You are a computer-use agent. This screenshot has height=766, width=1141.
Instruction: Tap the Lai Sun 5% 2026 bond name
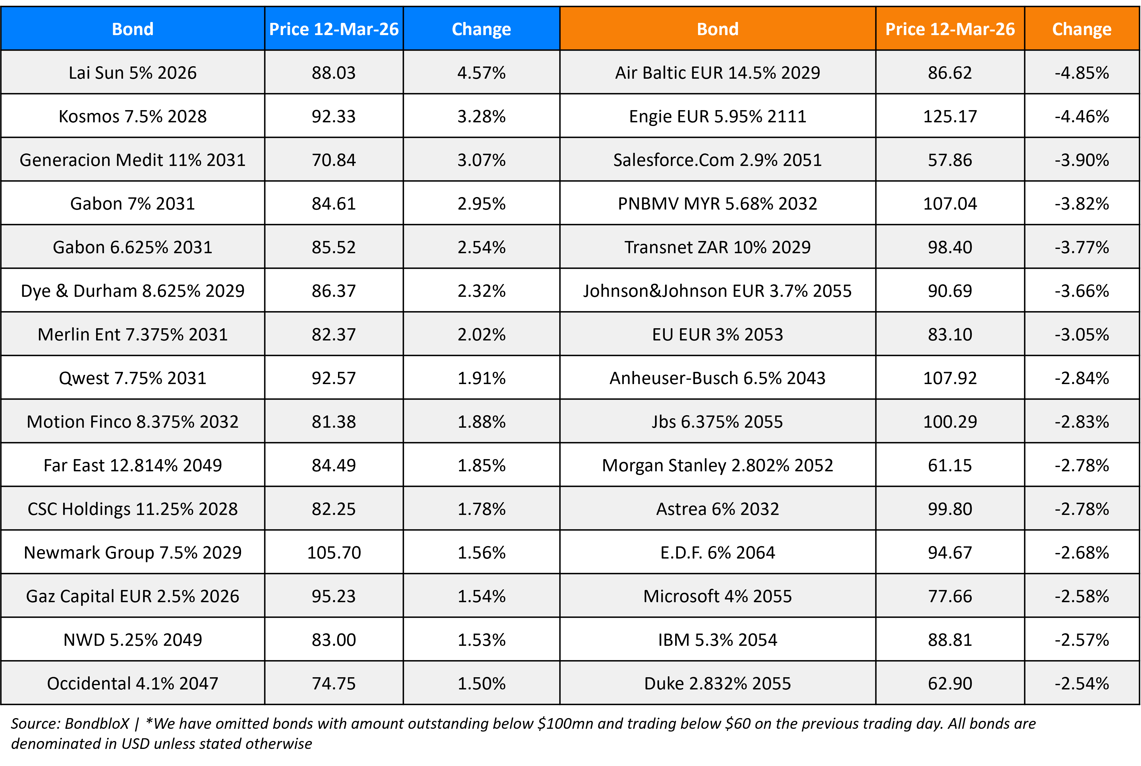click(x=132, y=73)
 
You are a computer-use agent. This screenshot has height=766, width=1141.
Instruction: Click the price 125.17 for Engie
click(x=949, y=116)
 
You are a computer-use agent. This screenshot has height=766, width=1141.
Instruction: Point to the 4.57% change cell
click(x=481, y=73)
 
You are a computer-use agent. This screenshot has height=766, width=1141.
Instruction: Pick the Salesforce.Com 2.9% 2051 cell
click(x=717, y=160)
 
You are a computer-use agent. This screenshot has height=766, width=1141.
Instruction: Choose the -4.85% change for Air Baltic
click(x=1082, y=73)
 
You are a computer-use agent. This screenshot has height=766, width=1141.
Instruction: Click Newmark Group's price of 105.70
click(x=334, y=552)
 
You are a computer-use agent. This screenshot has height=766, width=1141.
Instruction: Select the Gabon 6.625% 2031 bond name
click(x=132, y=247)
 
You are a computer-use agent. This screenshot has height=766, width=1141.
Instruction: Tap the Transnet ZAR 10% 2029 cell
click(x=717, y=247)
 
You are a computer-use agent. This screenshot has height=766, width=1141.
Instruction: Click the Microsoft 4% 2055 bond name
click(x=717, y=596)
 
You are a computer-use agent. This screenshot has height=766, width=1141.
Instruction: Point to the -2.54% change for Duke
click(x=1082, y=683)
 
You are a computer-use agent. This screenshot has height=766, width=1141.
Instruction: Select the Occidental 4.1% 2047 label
click(x=132, y=683)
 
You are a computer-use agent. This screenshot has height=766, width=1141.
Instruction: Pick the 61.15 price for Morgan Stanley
click(x=949, y=465)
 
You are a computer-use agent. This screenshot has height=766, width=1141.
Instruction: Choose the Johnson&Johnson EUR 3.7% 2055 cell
click(x=717, y=291)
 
